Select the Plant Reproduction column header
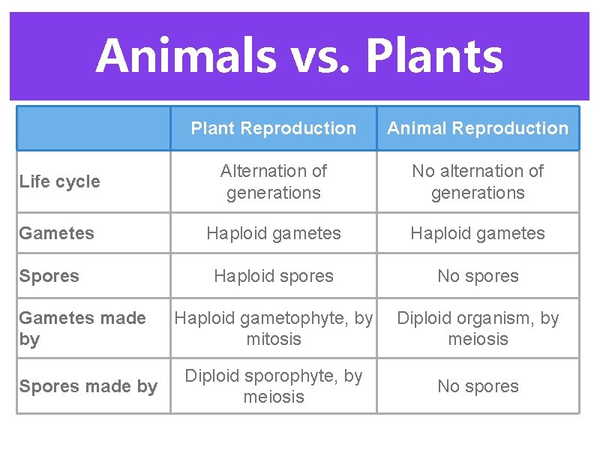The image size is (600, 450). click(x=273, y=128)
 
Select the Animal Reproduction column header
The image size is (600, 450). click(x=478, y=128)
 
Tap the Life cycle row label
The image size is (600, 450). click(x=60, y=181)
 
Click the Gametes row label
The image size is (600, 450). click(x=57, y=233)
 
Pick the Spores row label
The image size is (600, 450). click(x=49, y=276)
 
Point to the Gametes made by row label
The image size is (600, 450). click(x=82, y=328)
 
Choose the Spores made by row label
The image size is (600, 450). click(x=88, y=386)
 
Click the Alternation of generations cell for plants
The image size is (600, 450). click(x=273, y=181)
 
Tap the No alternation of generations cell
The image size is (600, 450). click(x=478, y=181)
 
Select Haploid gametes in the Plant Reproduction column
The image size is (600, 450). click(x=273, y=233)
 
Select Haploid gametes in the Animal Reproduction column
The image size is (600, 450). click(x=478, y=233)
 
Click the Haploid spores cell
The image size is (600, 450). click(x=273, y=276)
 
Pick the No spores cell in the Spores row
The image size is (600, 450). click(x=478, y=276)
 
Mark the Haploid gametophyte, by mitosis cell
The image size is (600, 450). click(x=273, y=328)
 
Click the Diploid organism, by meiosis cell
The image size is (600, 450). click(x=478, y=328)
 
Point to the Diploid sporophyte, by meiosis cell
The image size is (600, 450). click(x=273, y=386)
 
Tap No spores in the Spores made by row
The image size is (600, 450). click(x=478, y=386)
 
